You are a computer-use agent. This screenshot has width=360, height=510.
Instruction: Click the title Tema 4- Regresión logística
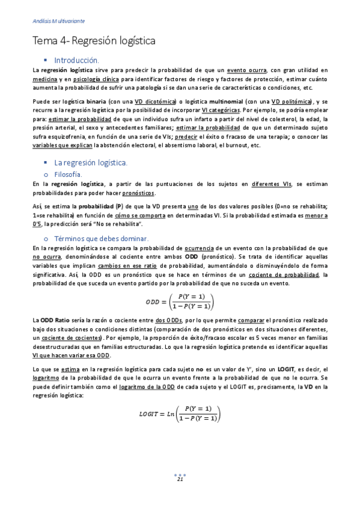[x=94, y=41]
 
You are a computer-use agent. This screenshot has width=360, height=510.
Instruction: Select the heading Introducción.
[x=76, y=60]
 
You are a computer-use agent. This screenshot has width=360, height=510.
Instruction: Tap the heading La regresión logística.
[x=90, y=162]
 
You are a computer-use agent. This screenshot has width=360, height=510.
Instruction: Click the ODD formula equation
[x=180, y=301]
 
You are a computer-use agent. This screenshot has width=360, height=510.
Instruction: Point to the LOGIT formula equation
[x=180, y=414]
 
